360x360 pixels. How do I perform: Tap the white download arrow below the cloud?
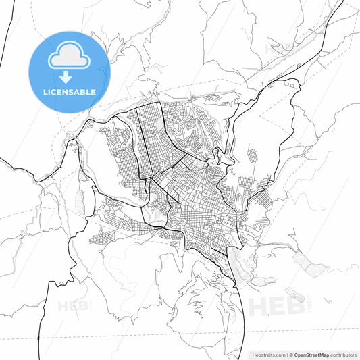69,78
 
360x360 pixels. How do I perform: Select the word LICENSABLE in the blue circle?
69,92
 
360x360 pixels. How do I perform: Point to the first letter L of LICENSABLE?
45,92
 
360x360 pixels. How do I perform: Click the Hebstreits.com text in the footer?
266,354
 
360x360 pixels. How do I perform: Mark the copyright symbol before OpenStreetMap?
290,354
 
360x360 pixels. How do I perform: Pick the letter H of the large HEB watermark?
259,306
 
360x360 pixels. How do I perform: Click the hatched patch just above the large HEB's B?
294,294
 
